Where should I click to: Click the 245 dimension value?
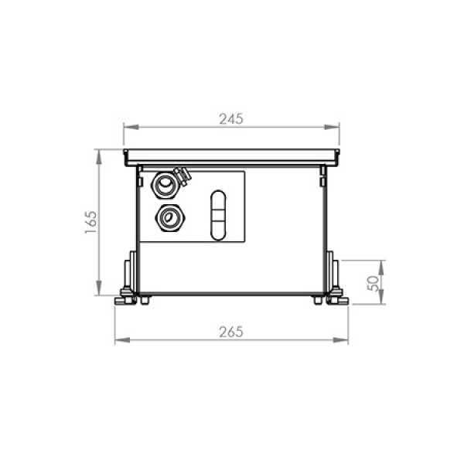pos(231,119)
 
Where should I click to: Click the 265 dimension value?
pos(231,332)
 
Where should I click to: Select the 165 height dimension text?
pos(90,222)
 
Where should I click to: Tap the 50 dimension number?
pos(373,284)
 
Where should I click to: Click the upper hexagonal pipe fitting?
pos(165,186)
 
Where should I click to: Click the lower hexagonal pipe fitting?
pos(170,217)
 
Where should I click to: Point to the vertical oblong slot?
pos(218,215)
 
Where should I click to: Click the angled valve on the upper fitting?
pos(183,176)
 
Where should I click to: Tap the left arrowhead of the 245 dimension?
pos(131,127)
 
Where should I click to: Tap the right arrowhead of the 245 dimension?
pos(332,127)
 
